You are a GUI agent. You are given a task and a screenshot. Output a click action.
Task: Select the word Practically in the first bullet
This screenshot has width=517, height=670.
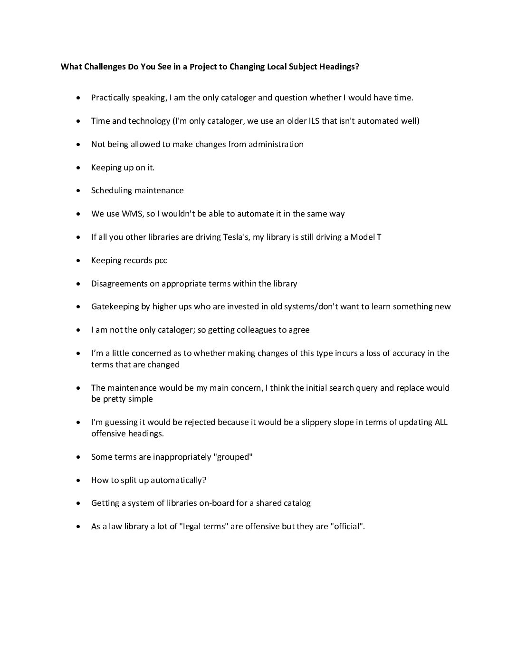click(110, 98)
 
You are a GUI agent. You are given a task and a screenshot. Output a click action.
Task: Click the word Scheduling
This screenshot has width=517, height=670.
click(111, 190)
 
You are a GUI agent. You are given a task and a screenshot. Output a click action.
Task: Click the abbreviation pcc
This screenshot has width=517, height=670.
click(161, 260)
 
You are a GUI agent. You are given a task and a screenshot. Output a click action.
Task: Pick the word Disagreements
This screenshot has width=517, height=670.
click(125, 284)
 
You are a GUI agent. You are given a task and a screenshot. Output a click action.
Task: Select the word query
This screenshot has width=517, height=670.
click(366, 388)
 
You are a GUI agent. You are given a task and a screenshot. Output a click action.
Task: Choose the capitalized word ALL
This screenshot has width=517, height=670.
click(441, 423)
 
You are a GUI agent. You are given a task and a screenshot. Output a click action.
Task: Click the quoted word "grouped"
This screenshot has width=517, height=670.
click(233, 457)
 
